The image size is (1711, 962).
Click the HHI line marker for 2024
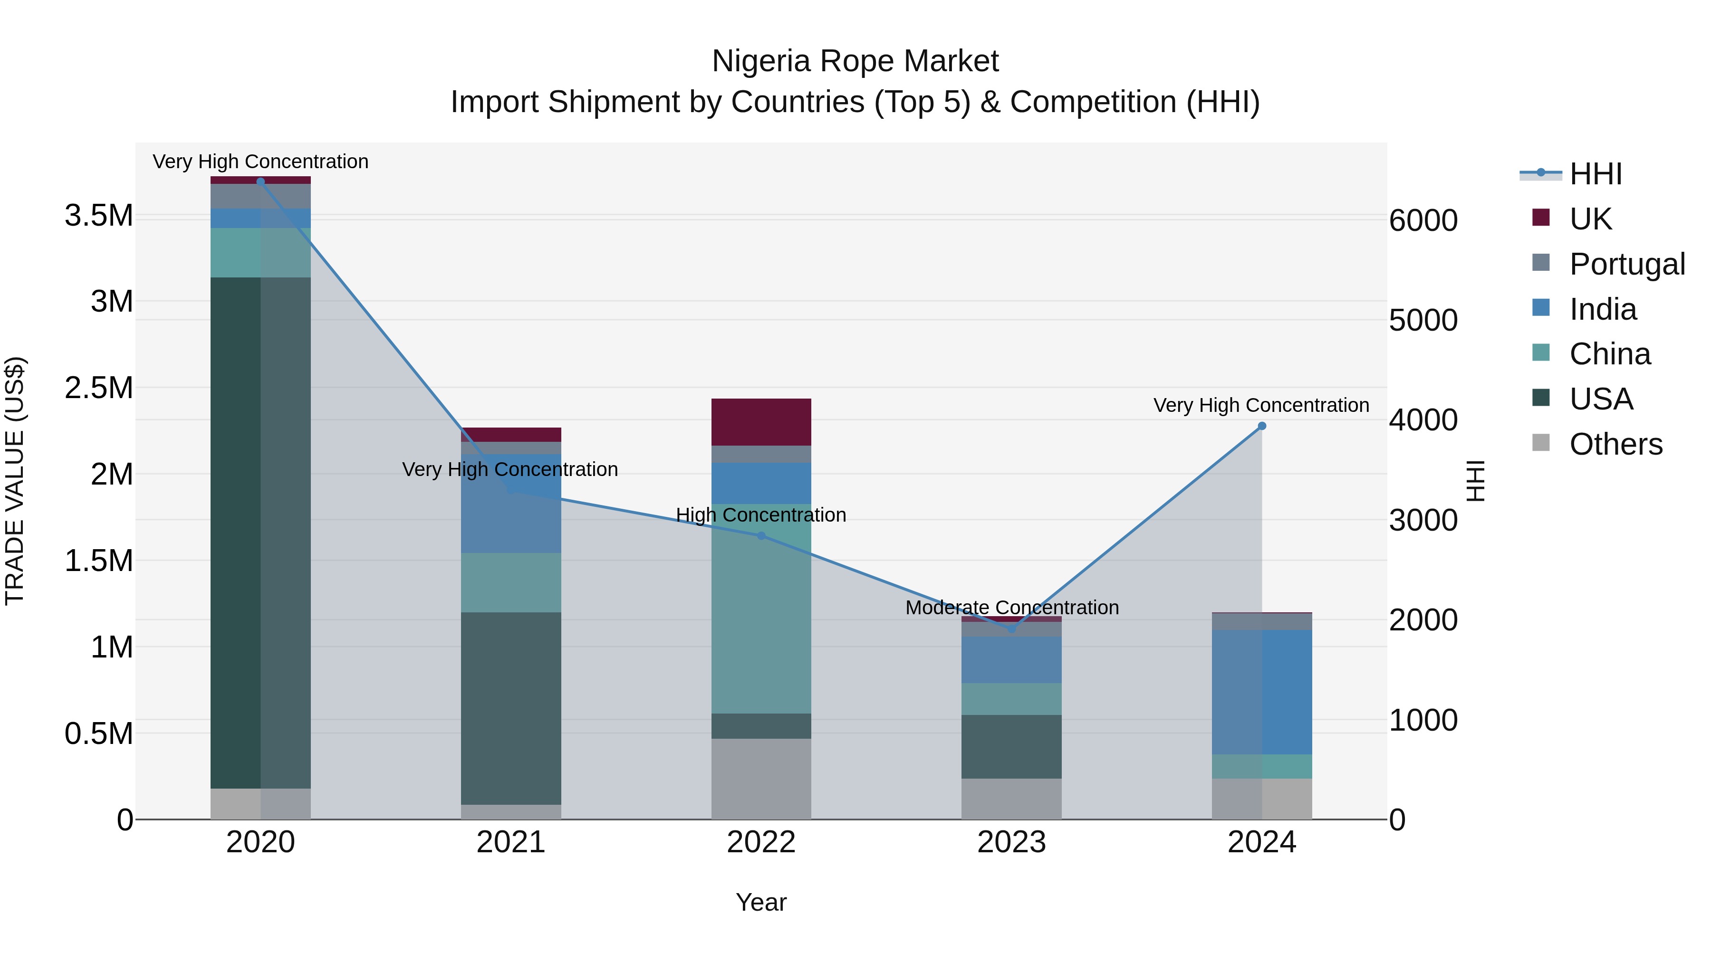tap(1261, 426)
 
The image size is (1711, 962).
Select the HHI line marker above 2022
tap(761, 536)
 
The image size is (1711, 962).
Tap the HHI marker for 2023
tap(1011, 629)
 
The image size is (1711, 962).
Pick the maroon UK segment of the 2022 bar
tap(761, 421)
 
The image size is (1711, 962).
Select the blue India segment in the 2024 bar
tap(1261, 692)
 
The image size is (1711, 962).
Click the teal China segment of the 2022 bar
tap(761, 609)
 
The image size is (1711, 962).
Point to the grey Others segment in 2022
tap(761, 778)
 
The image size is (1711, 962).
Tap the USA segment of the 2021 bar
tap(511, 708)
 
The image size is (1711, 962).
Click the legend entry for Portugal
tap(1627, 264)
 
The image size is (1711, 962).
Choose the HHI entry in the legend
tap(1596, 174)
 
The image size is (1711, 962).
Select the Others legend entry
tap(1615, 444)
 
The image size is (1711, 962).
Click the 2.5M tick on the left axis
tap(99, 388)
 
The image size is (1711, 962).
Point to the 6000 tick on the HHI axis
tap(1423, 220)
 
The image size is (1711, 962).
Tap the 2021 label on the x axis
tap(511, 842)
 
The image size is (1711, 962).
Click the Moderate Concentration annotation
tap(1011, 608)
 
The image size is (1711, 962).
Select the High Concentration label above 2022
tap(761, 515)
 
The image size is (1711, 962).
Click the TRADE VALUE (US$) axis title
tap(15, 481)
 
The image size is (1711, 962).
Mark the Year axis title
tap(761, 902)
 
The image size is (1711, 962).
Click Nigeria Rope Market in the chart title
tap(855, 61)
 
